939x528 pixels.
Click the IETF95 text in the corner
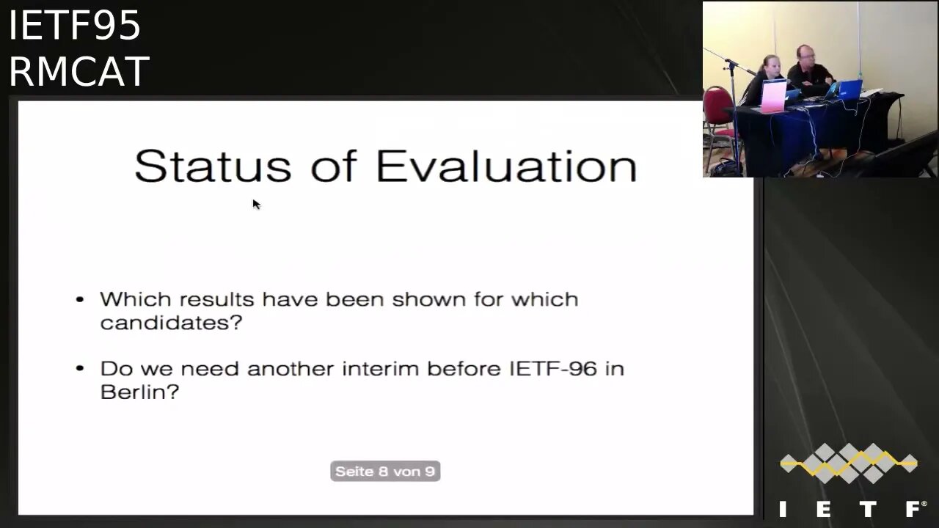click(75, 25)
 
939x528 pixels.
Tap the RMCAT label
click(79, 71)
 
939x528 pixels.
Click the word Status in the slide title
click(213, 166)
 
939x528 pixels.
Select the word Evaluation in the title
click(506, 166)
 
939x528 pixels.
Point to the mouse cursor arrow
click(256, 204)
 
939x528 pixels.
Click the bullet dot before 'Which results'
click(80, 300)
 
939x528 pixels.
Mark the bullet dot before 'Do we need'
click(80, 369)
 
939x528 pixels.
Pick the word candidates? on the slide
click(171, 323)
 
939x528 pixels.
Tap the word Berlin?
click(139, 392)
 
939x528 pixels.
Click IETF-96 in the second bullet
click(553, 369)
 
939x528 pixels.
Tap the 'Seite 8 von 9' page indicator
click(385, 472)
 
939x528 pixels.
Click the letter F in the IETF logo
click(914, 509)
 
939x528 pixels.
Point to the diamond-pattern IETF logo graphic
click(849, 463)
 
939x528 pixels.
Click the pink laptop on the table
click(774, 96)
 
